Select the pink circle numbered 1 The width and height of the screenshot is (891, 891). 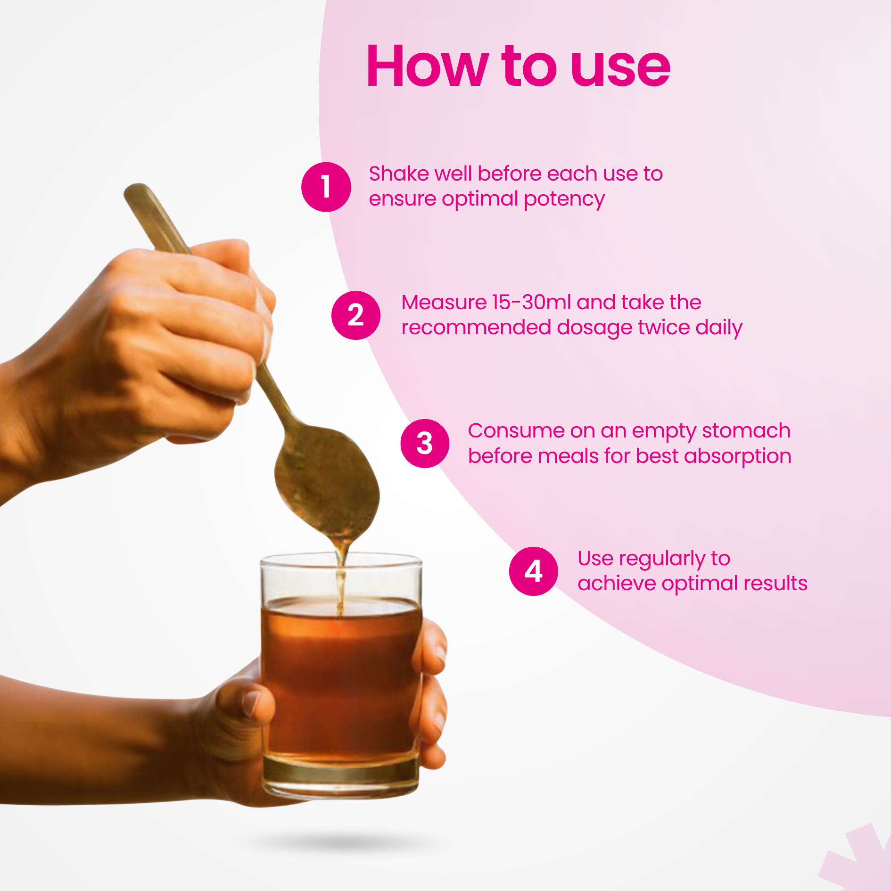pyautogui.click(x=326, y=187)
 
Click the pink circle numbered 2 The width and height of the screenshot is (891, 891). pyautogui.click(x=356, y=315)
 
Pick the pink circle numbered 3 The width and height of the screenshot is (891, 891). pyautogui.click(x=425, y=443)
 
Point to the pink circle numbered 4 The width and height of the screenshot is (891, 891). pyautogui.click(x=534, y=571)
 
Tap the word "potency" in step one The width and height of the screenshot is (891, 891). pyautogui.click(x=564, y=200)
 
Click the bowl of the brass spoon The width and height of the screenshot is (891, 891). pyautogui.click(x=328, y=481)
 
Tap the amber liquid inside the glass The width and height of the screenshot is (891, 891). pyautogui.click(x=340, y=679)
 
